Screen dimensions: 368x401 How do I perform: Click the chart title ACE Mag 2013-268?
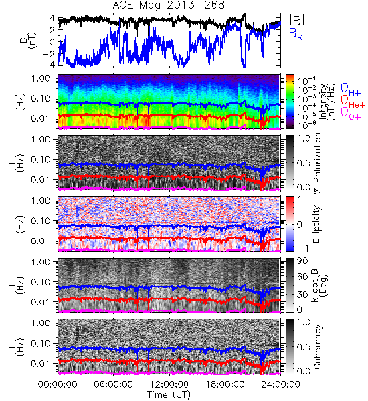click(x=169, y=5)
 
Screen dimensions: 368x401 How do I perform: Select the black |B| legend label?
click(x=297, y=20)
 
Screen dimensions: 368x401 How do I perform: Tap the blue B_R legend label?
click(x=296, y=34)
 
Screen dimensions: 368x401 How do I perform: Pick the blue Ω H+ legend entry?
click(x=351, y=90)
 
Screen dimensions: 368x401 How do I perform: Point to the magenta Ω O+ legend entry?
click(x=351, y=114)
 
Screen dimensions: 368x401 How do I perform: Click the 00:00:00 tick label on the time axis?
click(x=58, y=384)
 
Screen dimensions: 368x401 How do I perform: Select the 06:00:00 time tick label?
click(x=114, y=384)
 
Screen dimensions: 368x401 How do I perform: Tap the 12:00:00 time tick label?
click(x=169, y=384)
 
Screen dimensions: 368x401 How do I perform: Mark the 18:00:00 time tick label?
click(x=225, y=384)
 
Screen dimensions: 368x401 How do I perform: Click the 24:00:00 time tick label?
click(x=280, y=384)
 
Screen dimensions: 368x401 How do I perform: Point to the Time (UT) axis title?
click(x=169, y=394)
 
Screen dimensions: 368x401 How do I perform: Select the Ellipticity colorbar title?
click(x=316, y=224)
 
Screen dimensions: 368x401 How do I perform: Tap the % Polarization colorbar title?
click(x=316, y=163)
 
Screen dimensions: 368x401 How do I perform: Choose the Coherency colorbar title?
click(x=316, y=347)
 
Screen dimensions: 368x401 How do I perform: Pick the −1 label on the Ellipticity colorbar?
click(x=302, y=249)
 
